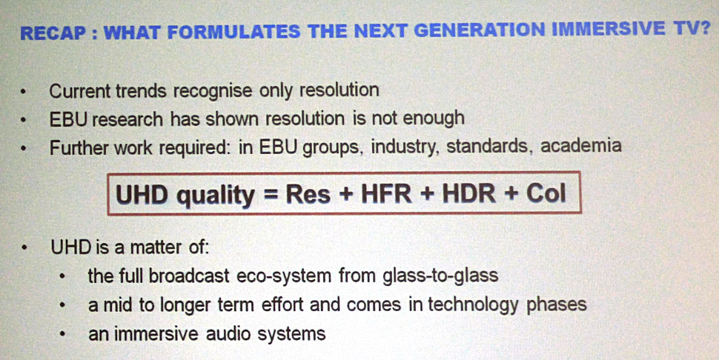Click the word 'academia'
pyautogui.click(x=581, y=146)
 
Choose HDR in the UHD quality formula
pyautogui.click(x=468, y=194)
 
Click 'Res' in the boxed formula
pyautogui.click(x=308, y=195)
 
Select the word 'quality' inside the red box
pyautogui.click(x=216, y=196)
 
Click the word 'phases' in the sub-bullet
pyautogui.click(x=556, y=304)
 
